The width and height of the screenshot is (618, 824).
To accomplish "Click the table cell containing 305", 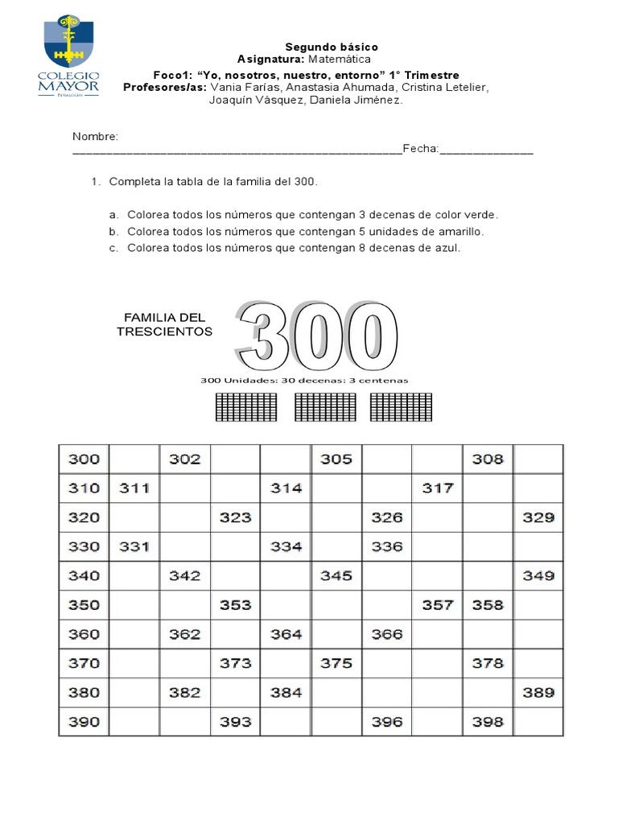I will point(336,459).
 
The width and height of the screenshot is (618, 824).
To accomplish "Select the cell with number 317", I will point(437,488).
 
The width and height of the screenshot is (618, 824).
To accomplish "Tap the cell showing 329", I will point(538,517).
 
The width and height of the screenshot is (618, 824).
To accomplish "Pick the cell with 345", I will point(336,576).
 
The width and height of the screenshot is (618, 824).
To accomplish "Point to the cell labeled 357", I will point(437,605).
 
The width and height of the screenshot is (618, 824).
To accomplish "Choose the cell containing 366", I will point(387,634).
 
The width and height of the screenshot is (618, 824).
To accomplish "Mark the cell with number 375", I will point(336,664).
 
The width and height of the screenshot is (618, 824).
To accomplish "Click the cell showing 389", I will point(538,692).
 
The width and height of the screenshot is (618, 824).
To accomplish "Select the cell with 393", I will point(235,722).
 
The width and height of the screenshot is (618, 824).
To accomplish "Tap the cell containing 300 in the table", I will point(84,459).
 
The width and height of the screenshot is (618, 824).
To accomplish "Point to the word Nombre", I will point(95,137).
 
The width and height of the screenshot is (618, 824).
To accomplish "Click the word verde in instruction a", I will point(481,215).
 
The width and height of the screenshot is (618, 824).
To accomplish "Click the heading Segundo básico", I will point(331,47).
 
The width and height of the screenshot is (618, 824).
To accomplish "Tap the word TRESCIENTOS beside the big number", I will point(164,332).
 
